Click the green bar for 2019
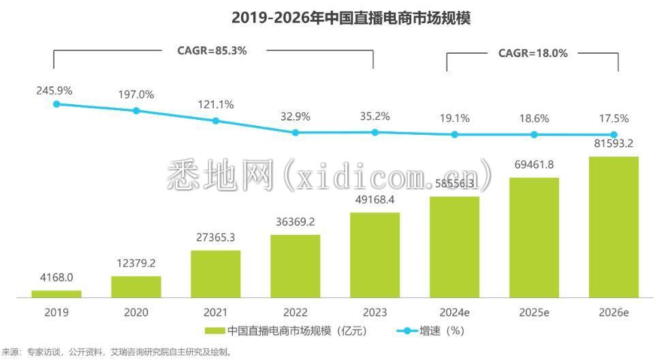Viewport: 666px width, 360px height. pos(57,294)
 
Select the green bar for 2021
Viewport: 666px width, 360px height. pos(216,274)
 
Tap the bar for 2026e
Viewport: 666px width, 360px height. pos(614,227)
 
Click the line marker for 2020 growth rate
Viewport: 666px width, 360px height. pos(136,110)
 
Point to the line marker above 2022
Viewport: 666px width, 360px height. pos(296,133)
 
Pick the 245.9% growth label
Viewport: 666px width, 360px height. pos(54,90)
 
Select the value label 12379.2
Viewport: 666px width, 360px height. pos(136,263)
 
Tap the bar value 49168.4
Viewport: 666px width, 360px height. pos(375,199)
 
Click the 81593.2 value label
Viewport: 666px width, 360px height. pos(614,143)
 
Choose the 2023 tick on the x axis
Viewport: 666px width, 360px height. pos(375,313)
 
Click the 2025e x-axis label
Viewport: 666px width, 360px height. pos(534,313)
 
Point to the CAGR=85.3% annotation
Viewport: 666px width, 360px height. pos(212,50)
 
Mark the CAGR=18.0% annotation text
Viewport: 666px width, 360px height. pos(533,53)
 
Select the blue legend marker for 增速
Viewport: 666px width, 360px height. pos(407,332)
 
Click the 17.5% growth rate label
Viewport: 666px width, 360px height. pos(614,118)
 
